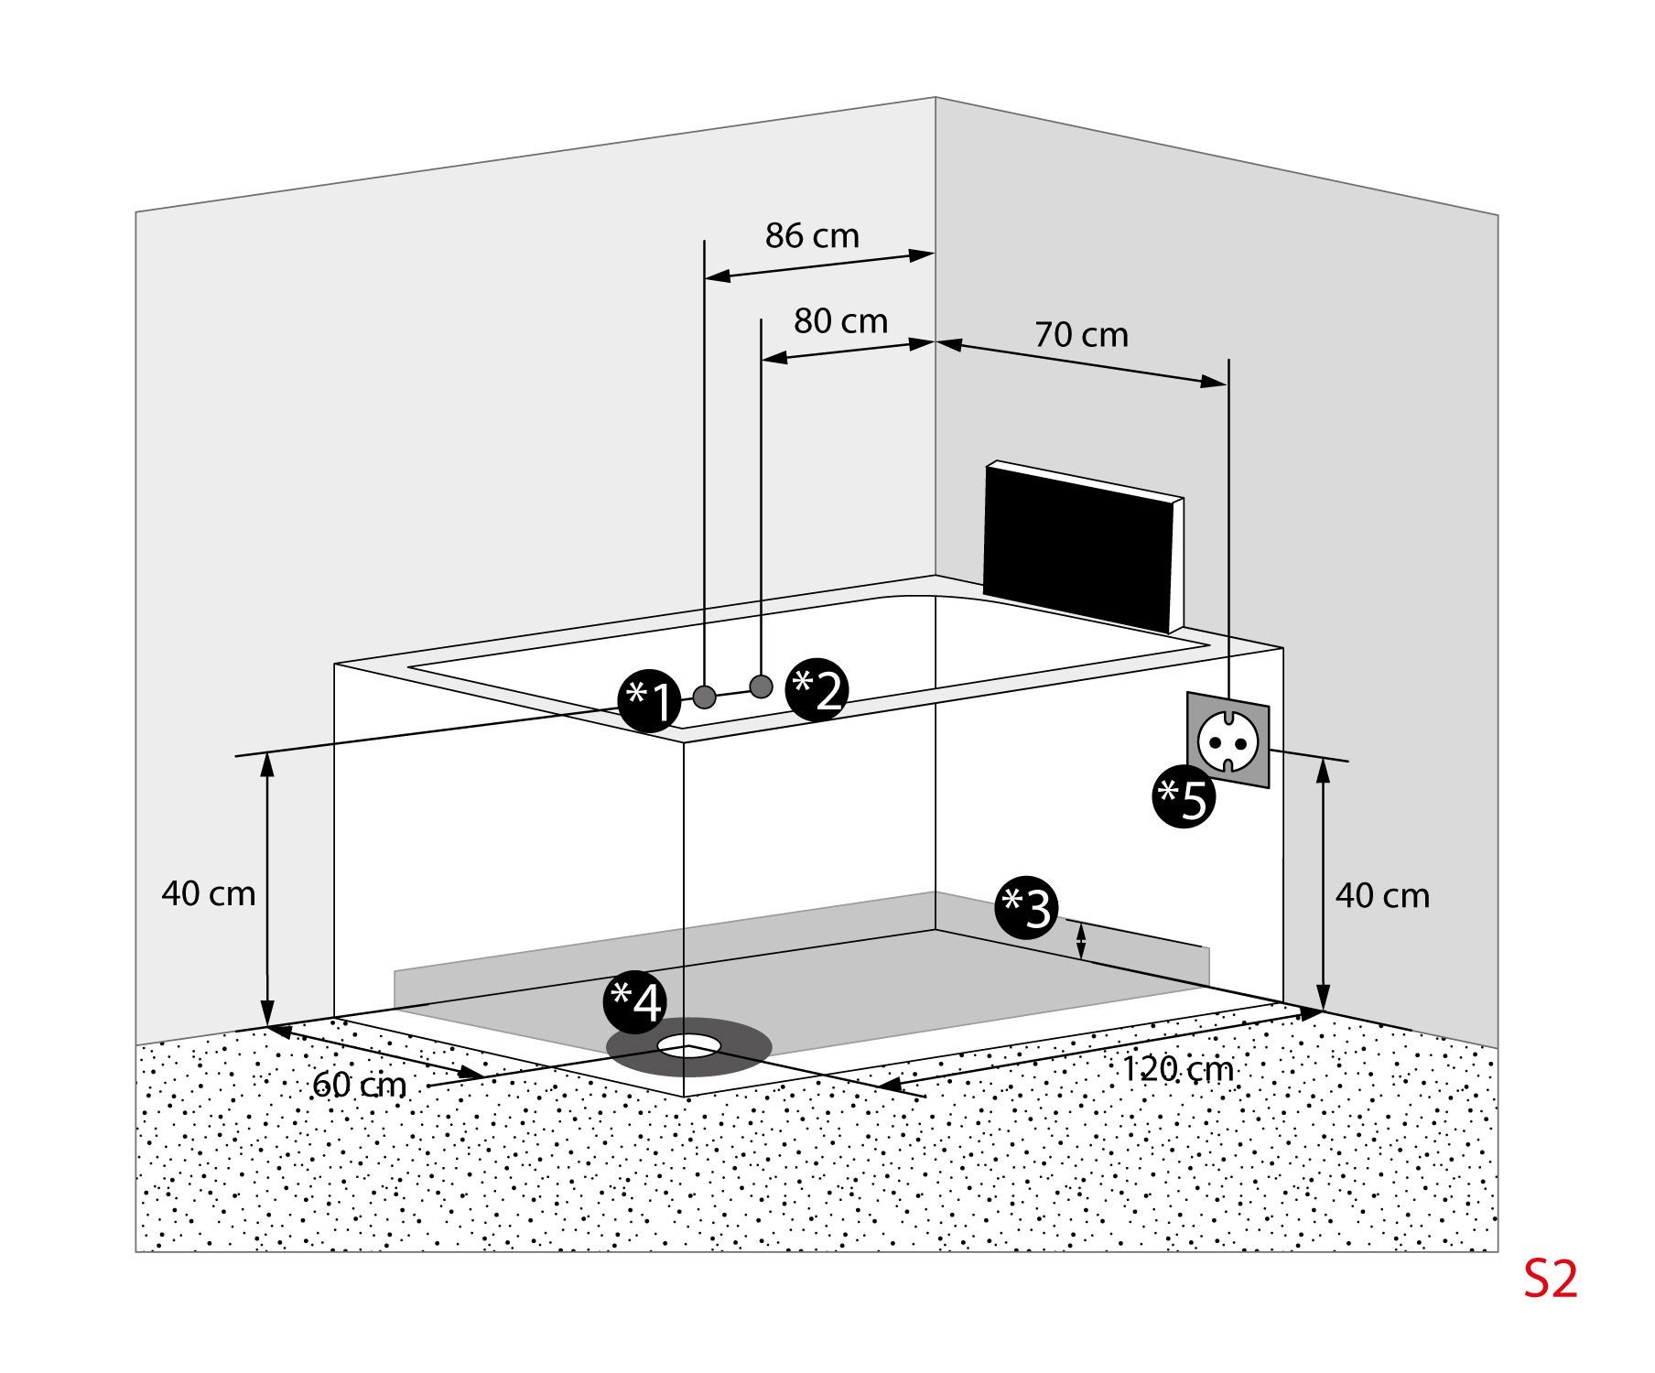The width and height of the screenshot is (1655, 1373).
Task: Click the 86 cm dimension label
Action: pyautogui.click(x=812, y=236)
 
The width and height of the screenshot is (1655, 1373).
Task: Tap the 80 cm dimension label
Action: pyautogui.click(x=840, y=321)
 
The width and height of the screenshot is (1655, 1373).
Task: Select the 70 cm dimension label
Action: pyautogui.click(x=1081, y=335)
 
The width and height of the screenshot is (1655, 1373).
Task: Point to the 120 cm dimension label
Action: pyautogui.click(x=1177, y=1068)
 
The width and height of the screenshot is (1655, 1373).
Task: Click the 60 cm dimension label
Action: pyautogui.click(x=359, y=1085)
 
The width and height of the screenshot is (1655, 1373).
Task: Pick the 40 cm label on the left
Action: pyautogui.click(x=209, y=892)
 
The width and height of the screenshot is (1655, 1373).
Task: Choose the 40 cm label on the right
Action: pyautogui.click(x=1381, y=895)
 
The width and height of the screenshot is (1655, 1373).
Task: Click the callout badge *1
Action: pyautogui.click(x=649, y=702)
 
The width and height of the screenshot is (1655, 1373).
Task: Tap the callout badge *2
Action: pyautogui.click(x=817, y=690)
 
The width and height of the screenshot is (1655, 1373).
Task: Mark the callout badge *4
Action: pyautogui.click(x=634, y=1001)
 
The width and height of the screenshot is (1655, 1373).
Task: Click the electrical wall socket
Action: pyautogui.click(x=1228, y=740)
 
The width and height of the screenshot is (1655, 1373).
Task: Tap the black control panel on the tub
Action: pyautogui.click(x=1080, y=546)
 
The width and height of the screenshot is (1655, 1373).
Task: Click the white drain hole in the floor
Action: pyautogui.click(x=688, y=1043)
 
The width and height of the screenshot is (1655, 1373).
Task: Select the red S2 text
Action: pyautogui.click(x=1551, y=1280)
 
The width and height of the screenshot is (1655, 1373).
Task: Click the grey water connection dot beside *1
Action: pyautogui.click(x=704, y=697)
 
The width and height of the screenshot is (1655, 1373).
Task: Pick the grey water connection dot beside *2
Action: pyautogui.click(x=761, y=686)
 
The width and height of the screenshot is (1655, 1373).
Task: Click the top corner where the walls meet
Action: pyautogui.click(x=935, y=98)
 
